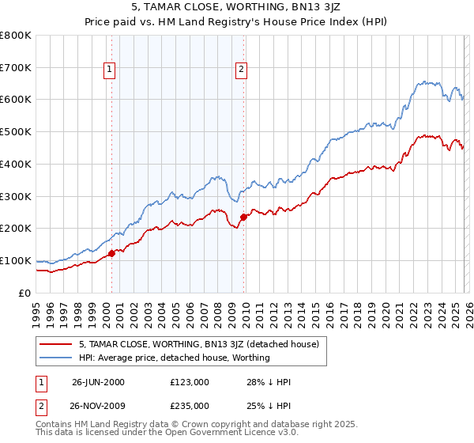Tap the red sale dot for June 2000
tap(111, 253)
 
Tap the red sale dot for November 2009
tap(243, 217)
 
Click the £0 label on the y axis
tap(25, 293)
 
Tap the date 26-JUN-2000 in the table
tap(98, 382)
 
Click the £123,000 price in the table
tap(189, 382)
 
